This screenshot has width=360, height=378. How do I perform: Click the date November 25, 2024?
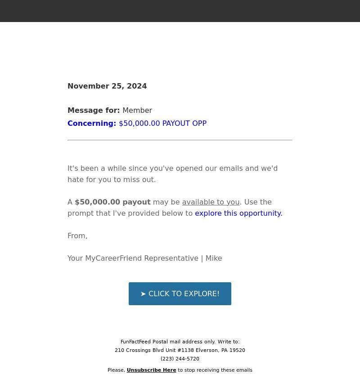pyautogui.click(x=107, y=86)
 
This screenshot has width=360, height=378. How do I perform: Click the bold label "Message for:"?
pyautogui.click(x=94, y=110)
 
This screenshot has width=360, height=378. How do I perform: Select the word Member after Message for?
pyautogui.click(x=137, y=110)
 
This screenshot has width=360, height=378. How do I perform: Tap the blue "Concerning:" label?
pyautogui.click(x=92, y=123)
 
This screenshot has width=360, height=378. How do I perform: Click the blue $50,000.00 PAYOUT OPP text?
pyautogui.click(x=162, y=123)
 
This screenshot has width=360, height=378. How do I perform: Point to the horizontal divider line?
pyautogui.click(x=180, y=140)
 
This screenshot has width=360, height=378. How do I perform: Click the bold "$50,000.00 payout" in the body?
pyautogui.click(x=112, y=202)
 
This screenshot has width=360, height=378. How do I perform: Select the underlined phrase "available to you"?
pyautogui.click(x=211, y=202)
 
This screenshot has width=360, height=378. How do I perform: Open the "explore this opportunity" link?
pyautogui.click(x=238, y=213)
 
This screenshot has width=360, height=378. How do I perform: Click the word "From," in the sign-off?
pyautogui.click(x=77, y=236)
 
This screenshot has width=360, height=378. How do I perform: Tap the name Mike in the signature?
pyautogui.click(x=214, y=258)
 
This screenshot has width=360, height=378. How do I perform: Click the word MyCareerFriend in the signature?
pyautogui.click(x=113, y=258)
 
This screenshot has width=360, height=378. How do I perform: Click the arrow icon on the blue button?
pyautogui.click(x=143, y=294)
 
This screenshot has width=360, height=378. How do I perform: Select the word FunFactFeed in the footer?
pyautogui.click(x=135, y=342)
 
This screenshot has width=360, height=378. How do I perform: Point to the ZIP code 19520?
pyautogui.click(x=238, y=350)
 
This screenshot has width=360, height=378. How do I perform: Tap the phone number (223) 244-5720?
pyautogui.click(x=180, y=359)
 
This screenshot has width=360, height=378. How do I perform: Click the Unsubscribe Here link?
pyautogui.click(x=151, y=370)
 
